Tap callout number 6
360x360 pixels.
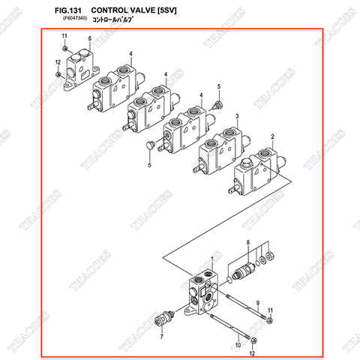(x=89, y=38)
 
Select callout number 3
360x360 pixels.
(x=236, y=116)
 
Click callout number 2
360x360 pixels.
(x=273, y=136)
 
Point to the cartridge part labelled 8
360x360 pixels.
(x=244, y=268)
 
